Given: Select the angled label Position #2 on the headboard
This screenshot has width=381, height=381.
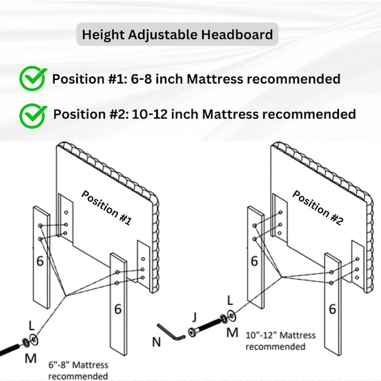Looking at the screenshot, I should [x=317, y=208].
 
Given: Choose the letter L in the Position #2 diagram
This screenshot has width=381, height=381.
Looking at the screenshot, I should [x=230, y=300].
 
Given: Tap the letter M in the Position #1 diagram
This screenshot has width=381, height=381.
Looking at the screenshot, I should [x=30, y=358].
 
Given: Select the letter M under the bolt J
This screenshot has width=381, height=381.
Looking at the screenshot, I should [x=232, y=332].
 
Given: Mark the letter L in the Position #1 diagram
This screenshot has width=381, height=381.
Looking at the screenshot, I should [x=31, y=326].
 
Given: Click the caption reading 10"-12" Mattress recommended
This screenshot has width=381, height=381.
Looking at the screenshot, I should [x=281, y=341].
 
